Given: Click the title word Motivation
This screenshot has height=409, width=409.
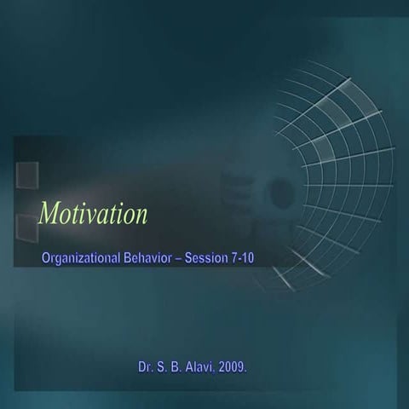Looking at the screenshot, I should [94, 214].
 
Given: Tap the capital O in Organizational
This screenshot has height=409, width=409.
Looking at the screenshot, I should [47, 257].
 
